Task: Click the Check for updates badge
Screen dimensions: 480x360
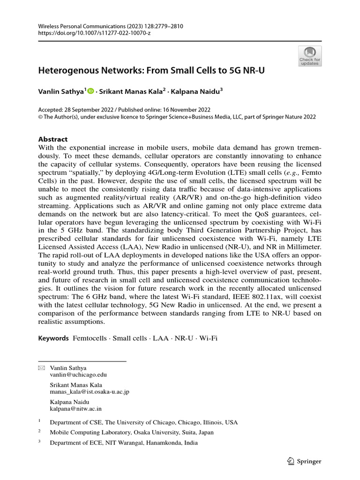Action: pyautogui.click(x=310, y=56)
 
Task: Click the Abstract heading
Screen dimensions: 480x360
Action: pyautogui.click(x=52, y=139)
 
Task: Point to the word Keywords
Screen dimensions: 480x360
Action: pyautogui.click(x=53, y=338)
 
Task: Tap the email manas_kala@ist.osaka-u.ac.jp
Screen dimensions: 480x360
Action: pyautogui.click(x=90, y=391)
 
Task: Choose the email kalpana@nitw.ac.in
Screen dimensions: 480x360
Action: pyautogui.click(x=75, y=408)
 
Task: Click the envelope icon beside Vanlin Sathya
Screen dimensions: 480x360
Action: pyautogui.click(x=41, y=368)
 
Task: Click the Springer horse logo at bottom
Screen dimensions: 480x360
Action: pyautogui.click(x=291, y=461)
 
